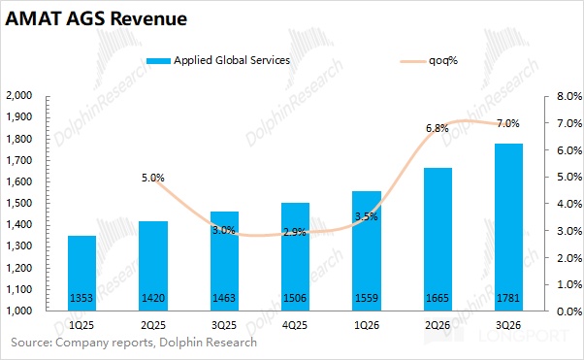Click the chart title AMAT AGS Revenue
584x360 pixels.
[96, 19]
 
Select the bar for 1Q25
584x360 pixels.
[81, 274]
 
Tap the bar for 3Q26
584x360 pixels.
[508, 227]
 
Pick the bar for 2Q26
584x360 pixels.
[438, 240]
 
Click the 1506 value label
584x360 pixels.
[295, 298]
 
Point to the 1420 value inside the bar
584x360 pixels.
[153, 298]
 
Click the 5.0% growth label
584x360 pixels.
[152, 179]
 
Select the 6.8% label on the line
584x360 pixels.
[438, 128]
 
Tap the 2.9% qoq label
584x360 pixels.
[295, 233]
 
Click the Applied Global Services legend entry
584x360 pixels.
[218, 60]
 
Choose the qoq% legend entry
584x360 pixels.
[429, 61]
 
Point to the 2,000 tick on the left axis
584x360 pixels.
[19, 95]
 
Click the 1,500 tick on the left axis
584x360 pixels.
[19, 203]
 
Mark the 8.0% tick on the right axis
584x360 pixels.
[569, 96]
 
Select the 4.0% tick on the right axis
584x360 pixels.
[569, 204]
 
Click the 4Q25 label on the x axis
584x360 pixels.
[295, 325]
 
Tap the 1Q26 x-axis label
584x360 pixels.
[367, 325]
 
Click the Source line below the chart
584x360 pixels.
[134, 343]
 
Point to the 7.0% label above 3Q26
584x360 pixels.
[508, 123]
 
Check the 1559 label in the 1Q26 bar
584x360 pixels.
[367, 298]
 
